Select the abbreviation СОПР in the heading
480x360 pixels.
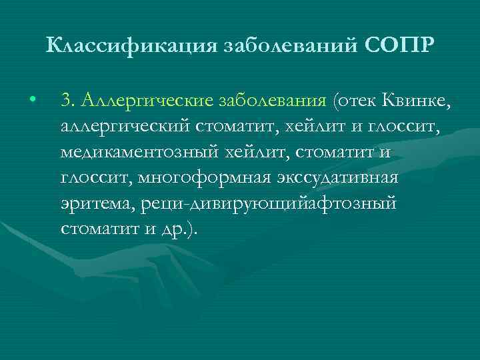pyautogui.click(x=401, y=46)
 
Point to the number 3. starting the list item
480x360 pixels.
pyautogui.click(x=67, y=101)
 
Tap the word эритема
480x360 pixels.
pyautogui.click(x=97, y=203)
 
